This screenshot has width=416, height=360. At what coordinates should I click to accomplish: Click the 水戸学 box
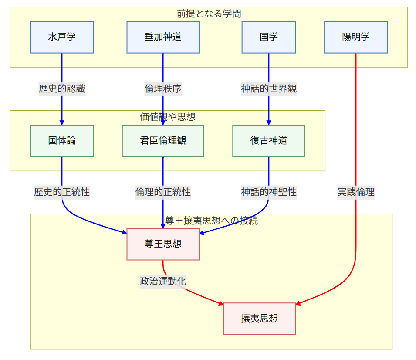click(62, 37)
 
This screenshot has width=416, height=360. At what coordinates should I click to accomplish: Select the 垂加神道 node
click(163, 37)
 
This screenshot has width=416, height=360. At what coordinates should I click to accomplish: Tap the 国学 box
click(268, 37)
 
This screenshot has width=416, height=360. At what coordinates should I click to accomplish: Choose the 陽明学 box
click(356, 37)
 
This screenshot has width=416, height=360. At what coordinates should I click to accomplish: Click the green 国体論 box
click(62, 141)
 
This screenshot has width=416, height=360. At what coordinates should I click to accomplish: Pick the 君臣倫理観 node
click(163, 141)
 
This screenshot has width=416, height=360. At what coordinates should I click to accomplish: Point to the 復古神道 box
click(268, 141)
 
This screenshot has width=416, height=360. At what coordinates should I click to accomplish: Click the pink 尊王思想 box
click(163, 244)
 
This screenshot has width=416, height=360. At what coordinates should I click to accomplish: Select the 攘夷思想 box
click(260, 319)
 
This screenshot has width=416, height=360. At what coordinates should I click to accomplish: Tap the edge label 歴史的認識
click(62, 89)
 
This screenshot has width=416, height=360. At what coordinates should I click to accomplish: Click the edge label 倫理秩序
click(163, 89)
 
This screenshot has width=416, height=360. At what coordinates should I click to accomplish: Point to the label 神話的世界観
click(268, 89)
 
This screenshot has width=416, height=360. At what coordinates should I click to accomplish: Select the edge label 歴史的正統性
click(62, 192)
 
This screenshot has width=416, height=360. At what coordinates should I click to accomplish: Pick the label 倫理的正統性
click(163, 192)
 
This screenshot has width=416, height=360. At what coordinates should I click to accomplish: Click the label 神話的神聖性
click(268, 192)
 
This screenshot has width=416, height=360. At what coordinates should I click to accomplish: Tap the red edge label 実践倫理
click(356, 192)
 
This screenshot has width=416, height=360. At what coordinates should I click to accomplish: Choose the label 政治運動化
click(163, 281)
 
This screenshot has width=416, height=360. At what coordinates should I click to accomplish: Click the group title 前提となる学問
click(209, 14)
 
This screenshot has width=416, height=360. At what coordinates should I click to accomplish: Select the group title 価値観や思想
click(167, 117)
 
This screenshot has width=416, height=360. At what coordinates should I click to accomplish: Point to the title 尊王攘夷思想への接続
click(211, 221)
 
